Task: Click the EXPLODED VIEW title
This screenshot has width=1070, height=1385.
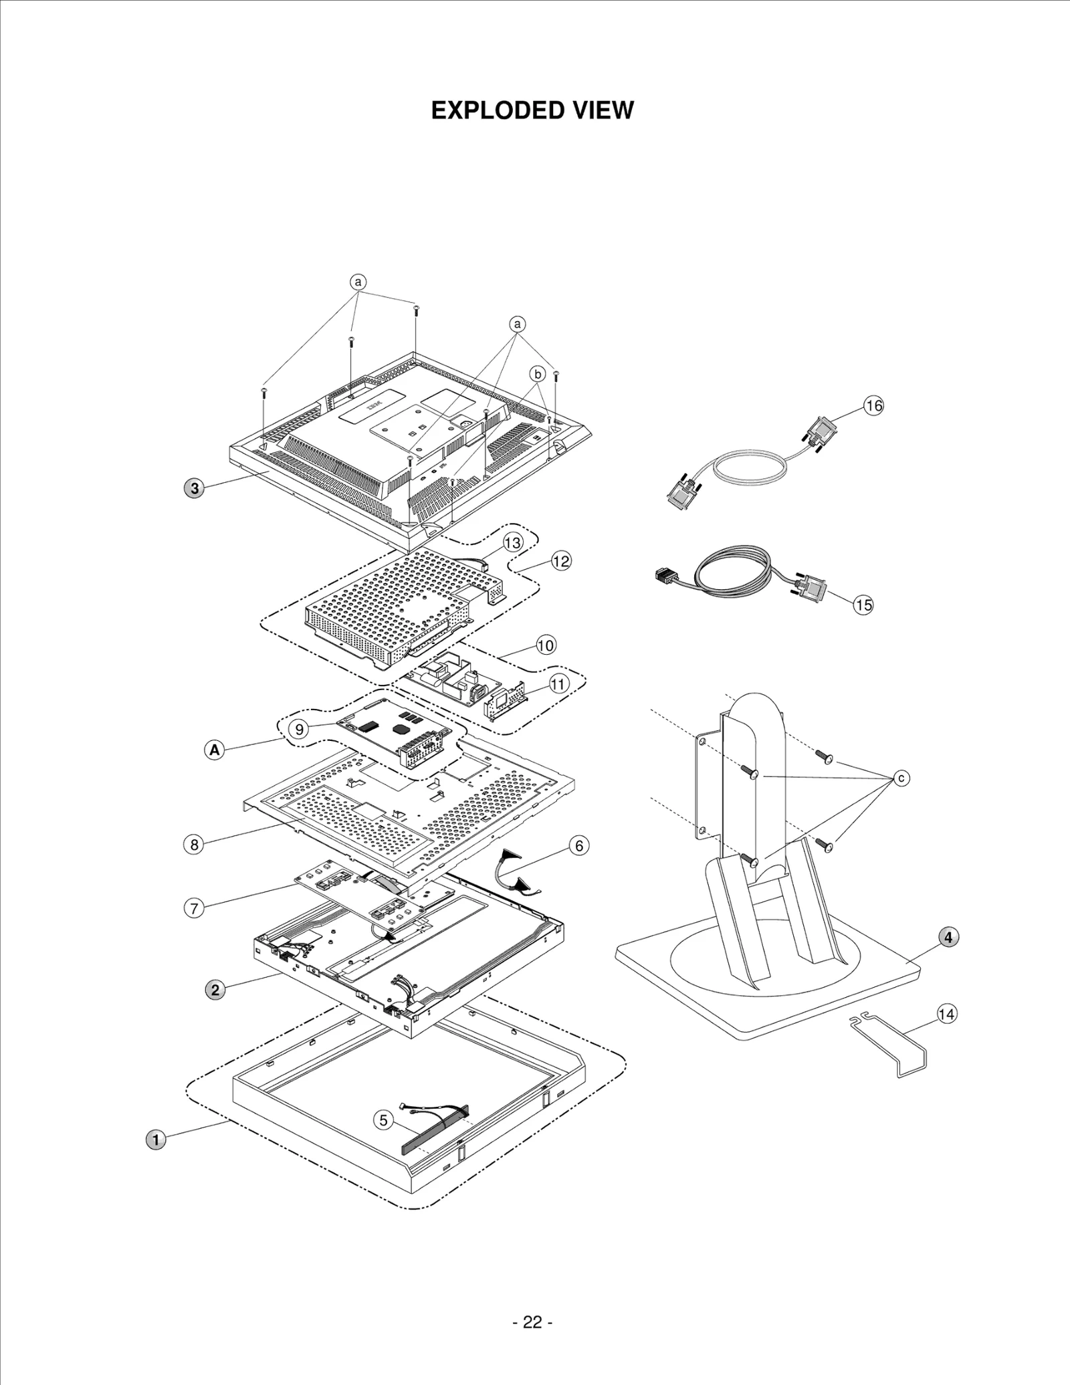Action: coord(532,110)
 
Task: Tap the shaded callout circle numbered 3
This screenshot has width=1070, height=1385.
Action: coord(195,488)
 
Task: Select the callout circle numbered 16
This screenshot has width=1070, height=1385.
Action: coord(873,405)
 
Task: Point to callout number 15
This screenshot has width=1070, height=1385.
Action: coord(863,605)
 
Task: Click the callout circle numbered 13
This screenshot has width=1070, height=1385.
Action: coord(512,543)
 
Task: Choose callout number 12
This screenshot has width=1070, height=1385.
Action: coord(561,561)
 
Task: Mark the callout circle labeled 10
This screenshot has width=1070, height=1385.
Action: coord(546,645)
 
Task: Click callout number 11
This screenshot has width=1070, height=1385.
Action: coord(559,683)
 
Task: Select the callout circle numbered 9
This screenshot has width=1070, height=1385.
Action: coord(300,729)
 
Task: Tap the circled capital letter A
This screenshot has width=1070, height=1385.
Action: coord(214,750)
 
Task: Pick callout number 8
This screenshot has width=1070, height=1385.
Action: coord(194,845)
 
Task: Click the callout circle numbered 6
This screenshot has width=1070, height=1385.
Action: coord(579,845)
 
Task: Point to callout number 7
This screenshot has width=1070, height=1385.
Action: coord(194,908)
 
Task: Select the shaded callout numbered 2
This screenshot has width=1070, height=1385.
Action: coord(215,990)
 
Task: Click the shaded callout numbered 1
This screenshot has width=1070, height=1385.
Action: coord(156,1140)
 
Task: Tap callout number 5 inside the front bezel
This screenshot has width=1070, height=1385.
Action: coord(383,1120)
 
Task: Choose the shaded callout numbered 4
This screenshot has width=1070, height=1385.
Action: coord(948,938)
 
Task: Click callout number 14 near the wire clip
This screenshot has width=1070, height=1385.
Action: coord(946,1015)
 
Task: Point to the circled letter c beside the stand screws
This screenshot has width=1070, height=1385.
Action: coord(901,778)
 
